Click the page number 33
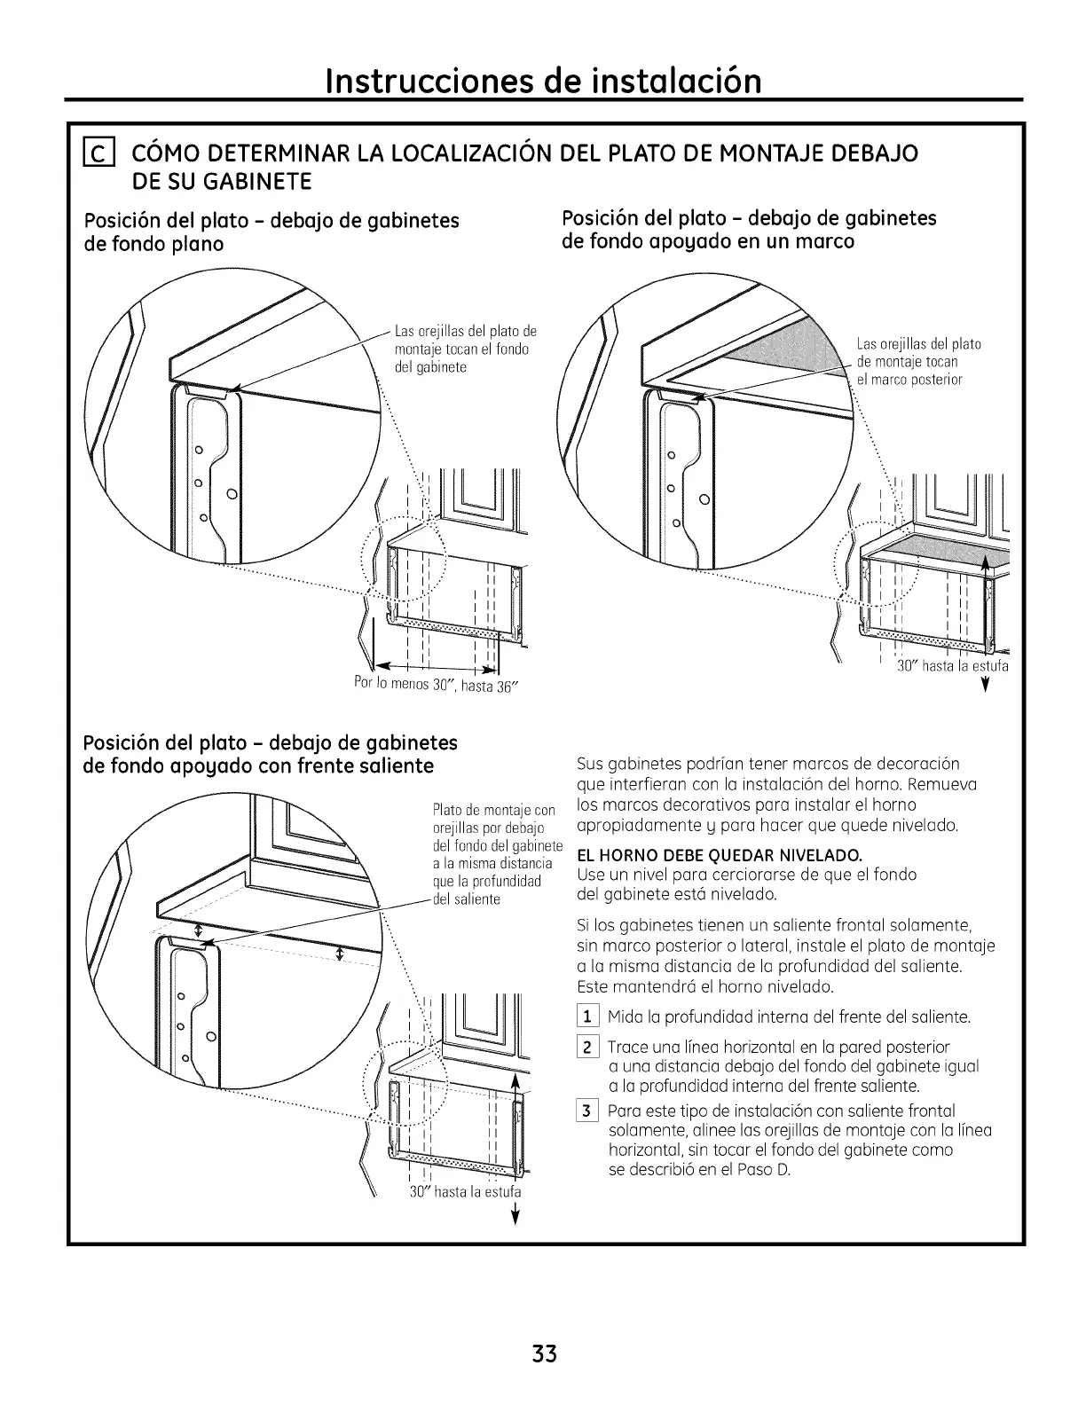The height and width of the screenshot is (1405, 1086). [545, 1354]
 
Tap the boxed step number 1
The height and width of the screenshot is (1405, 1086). [588, 1016]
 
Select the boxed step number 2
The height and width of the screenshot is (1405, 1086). [588, 1048]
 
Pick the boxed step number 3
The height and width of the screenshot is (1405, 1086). [588, 1111]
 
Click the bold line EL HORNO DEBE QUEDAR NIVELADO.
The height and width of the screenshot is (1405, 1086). [720, 857]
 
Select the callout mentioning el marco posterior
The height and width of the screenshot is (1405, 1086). [917, 362]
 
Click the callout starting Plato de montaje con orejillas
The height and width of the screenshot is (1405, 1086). [495, 854]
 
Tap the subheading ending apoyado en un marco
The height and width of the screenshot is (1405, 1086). [750, 230]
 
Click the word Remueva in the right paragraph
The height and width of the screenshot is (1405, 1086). [946, 784]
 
